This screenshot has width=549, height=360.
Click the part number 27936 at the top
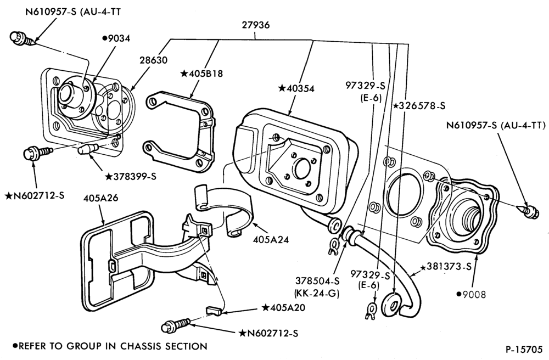(x=256, y=25)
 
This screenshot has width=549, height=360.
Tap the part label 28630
(x=153, y=60)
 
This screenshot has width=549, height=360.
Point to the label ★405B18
(x=201, y=74)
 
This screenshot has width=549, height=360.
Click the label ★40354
(x=296, y=88)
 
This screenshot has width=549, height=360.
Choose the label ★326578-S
(x=419, y=106)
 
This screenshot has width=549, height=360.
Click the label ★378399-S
(x=131, y=176)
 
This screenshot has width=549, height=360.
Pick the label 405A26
(x=100, y=198)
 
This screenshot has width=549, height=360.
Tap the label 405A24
(x=271, y=240)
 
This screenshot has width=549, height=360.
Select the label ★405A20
(x=284, y=307)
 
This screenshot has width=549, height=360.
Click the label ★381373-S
(x=446, y=267)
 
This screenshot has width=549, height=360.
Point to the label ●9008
(x=471, y=295)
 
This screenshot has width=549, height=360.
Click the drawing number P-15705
(x=523, y=350)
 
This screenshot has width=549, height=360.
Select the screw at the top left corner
(x=21, y=38)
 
